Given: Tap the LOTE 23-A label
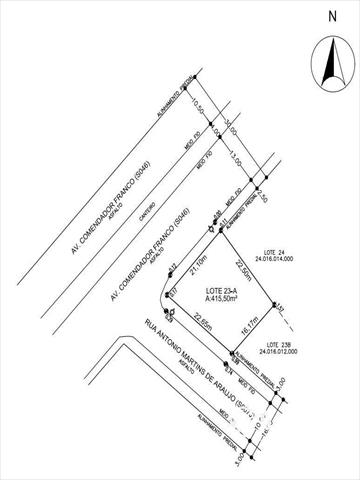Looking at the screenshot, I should tap(222, 288).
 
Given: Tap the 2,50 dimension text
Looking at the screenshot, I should tap(263, 197).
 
